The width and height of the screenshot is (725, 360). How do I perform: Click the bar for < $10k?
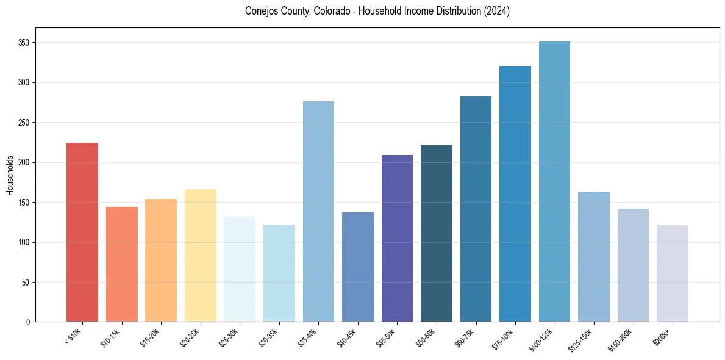[x=82, y=232]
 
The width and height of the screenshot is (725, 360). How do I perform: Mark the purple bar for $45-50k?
[x=397, y=238]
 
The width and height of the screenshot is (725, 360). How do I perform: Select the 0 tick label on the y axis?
[x=29, y=322]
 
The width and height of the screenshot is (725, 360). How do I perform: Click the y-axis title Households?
[x=10, y=175]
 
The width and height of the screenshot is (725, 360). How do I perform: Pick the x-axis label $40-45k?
[x=348, y=336]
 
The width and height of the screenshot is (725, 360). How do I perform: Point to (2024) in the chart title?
[x=496, y=11]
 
